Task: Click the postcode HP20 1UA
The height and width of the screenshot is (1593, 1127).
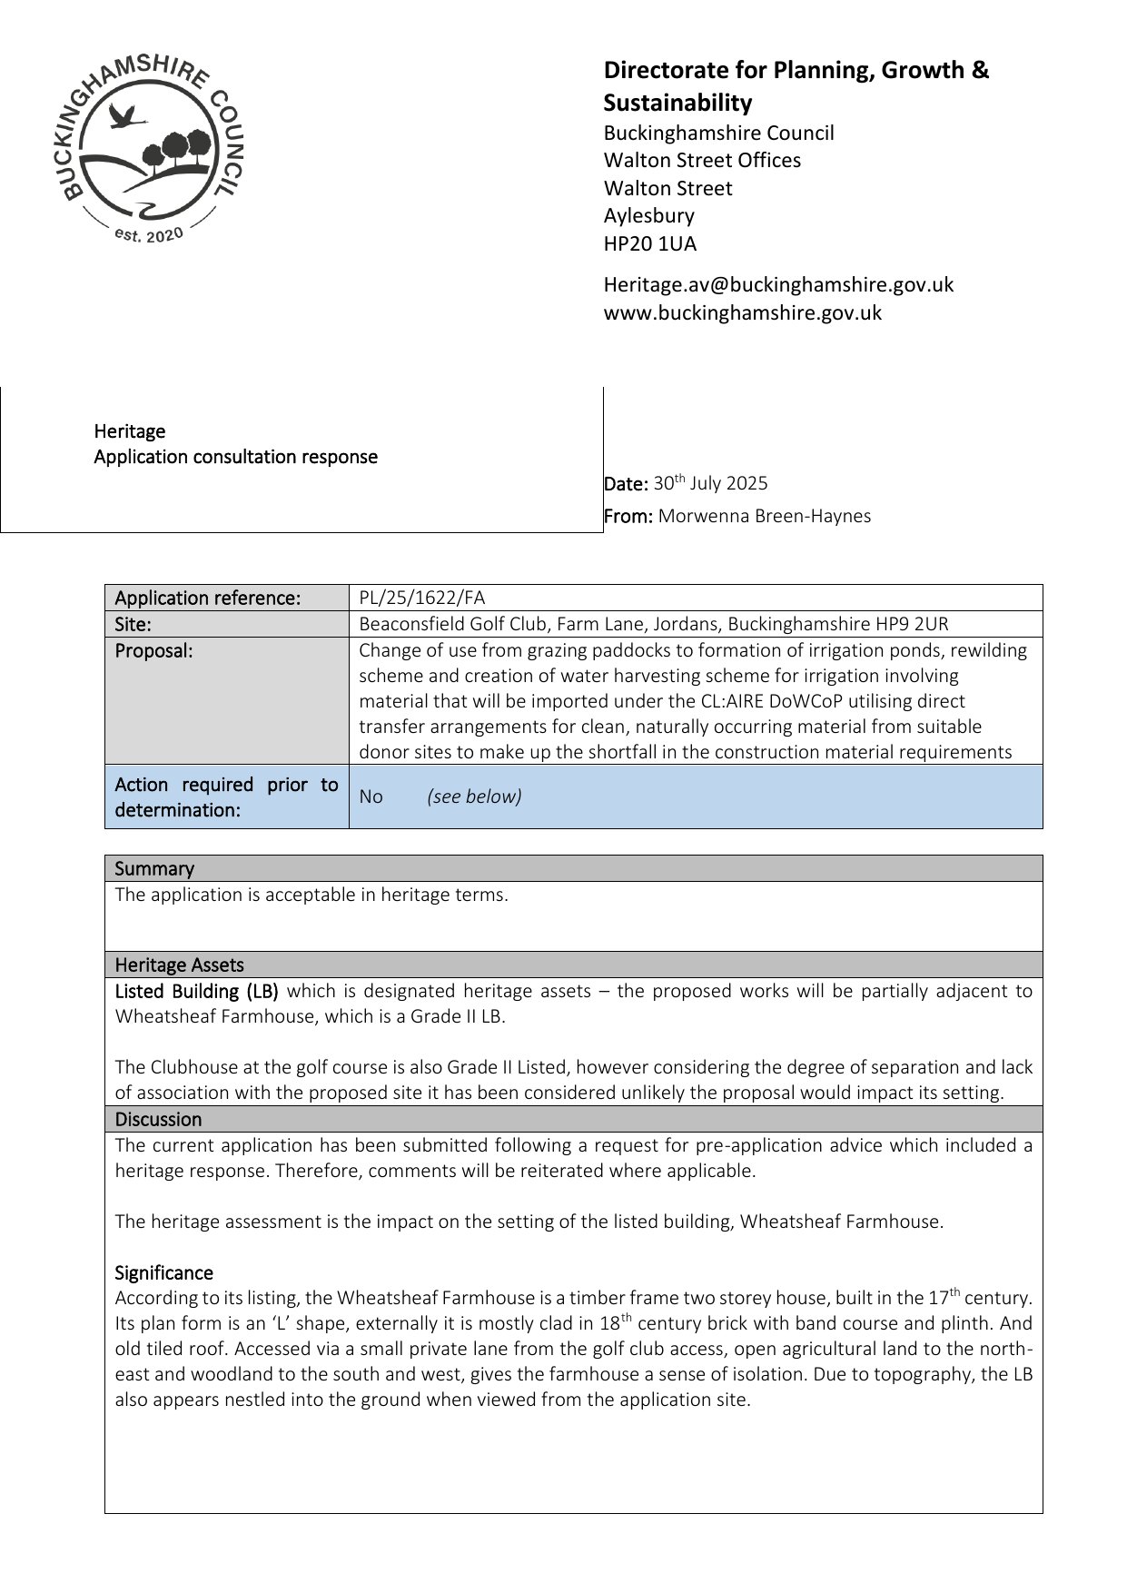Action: pyautogui.click(x=650, y=243)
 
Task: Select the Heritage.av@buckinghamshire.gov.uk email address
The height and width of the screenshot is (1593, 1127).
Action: pyautogui.click(x=778, y=284)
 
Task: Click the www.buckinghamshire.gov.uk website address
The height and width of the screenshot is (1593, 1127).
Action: pyautogui.click(x=742, y=312)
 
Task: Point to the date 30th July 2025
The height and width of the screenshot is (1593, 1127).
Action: pyautogui.click(x=710, y=483)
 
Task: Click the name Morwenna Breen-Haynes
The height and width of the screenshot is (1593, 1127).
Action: pyautogui.click(x=764, y=516)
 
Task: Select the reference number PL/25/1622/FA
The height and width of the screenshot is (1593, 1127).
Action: pyautogui.click(x=421, y=598)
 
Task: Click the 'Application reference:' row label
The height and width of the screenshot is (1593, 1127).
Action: pyautogui.click(x=207, y=598)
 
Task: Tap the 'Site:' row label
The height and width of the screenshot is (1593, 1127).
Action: pyautogui.click(x=133, y=624)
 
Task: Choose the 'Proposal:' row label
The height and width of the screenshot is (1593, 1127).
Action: pyautogui.click(x=153, y=650)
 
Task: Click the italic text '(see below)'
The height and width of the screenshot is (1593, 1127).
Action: pyautogui.click(x=474, y=796)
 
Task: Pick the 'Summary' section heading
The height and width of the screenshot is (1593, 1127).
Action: pyautogui.click(x=154, y=868)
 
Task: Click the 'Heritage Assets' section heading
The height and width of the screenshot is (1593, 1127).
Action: pyautogui.click(x=179, y=965)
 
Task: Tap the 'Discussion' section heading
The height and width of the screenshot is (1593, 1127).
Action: pyautogui.click(x=158, y=1119)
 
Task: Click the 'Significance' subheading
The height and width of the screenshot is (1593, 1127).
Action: pyautogui.click(x=163, y=1272)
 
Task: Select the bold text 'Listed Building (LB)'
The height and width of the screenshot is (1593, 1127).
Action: pyautogui.click(x=196, y=991)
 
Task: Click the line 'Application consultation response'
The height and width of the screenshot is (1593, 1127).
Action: pyautogui.click(x=235, y=457)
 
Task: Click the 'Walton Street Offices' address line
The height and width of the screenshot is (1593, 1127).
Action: pyautogui.click(x=702, y=161)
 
